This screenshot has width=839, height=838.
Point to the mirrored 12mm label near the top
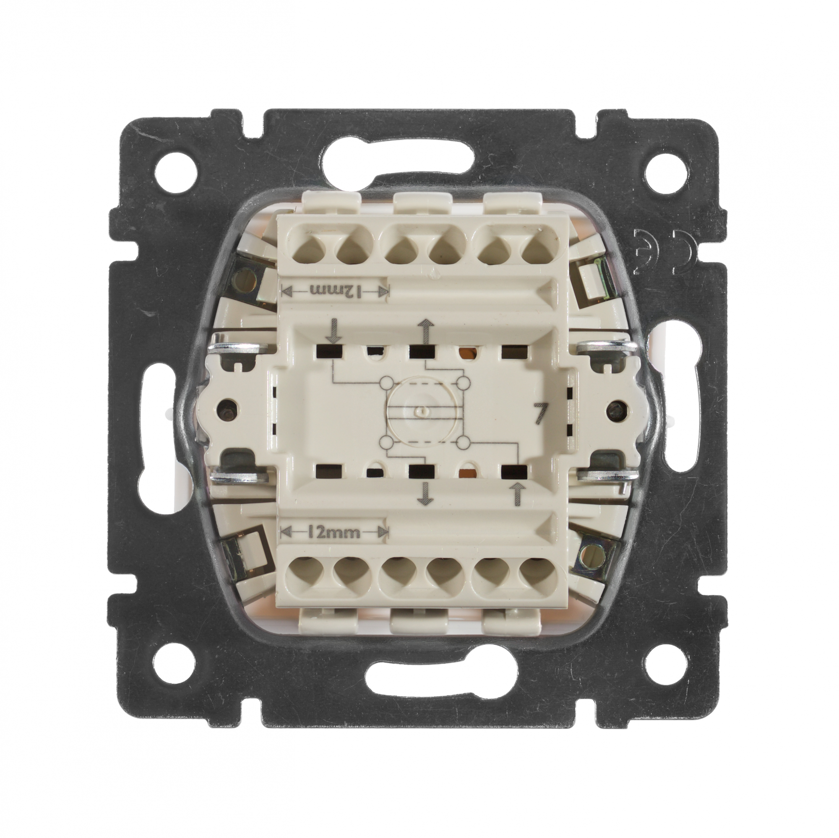[x=335, y=291]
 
